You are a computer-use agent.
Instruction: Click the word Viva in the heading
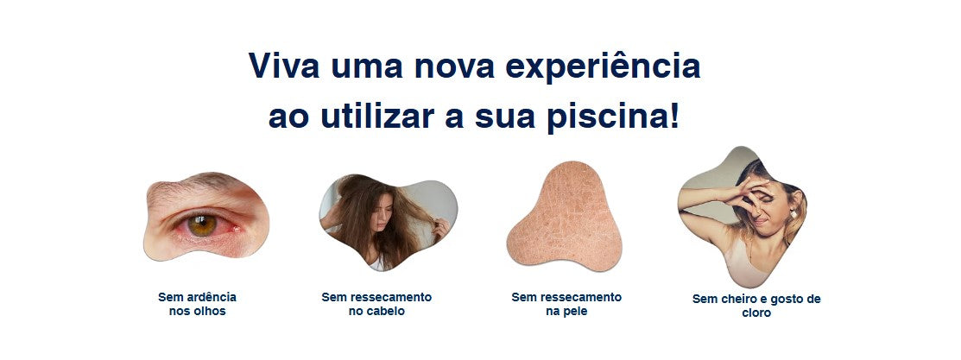click(x=284, y=65)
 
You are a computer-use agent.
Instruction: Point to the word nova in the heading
click(x=452, y=67)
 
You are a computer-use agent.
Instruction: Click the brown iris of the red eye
click(x=202, y=224)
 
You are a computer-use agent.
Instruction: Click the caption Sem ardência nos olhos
click(x=198, y=304)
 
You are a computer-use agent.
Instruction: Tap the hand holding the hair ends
click(x=440, y=230)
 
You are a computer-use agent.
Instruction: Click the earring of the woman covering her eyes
click(x=793, y=213)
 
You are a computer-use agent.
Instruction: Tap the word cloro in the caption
click(x=756, y=313)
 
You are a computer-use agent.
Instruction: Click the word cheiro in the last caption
click(x=735, y=300)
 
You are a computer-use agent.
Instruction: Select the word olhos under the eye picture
click(x=210, y=312)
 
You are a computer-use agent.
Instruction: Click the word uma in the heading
click(x=367, y=67)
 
